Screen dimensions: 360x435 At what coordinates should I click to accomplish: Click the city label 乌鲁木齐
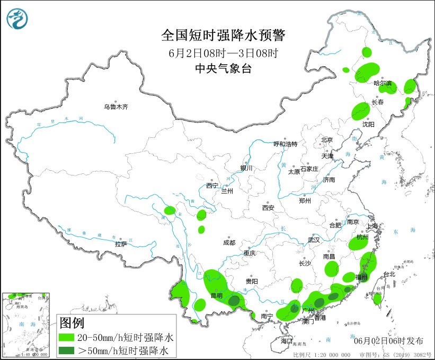pyautogui.click(x=116, y=107)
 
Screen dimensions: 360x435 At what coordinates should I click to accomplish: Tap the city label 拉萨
pyautogui.click(x=121, y=244)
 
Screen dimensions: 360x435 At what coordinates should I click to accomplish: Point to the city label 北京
pyautogui.click(x=326, y=140)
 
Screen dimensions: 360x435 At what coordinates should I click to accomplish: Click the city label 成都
pyautogui.click(x=229, y=243)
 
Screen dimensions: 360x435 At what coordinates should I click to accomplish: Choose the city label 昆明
pyautogui.click(x=217, y=295)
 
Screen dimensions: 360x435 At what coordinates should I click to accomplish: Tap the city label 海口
pyautogui.click(x=287, y=340)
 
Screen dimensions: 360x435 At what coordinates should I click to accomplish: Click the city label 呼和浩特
pyautogui.click(x=286, y=144)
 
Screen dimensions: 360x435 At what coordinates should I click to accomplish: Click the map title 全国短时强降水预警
pyautogui.click(x=223, y=36)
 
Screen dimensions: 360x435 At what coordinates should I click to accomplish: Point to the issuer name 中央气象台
pyautogui.click(x=223, y=68)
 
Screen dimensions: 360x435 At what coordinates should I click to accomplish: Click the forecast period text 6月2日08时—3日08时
pyautogui.click(x=223, y=52)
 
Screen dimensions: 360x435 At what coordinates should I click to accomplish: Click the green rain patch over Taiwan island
pyautogui.click(x=377, y=299)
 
